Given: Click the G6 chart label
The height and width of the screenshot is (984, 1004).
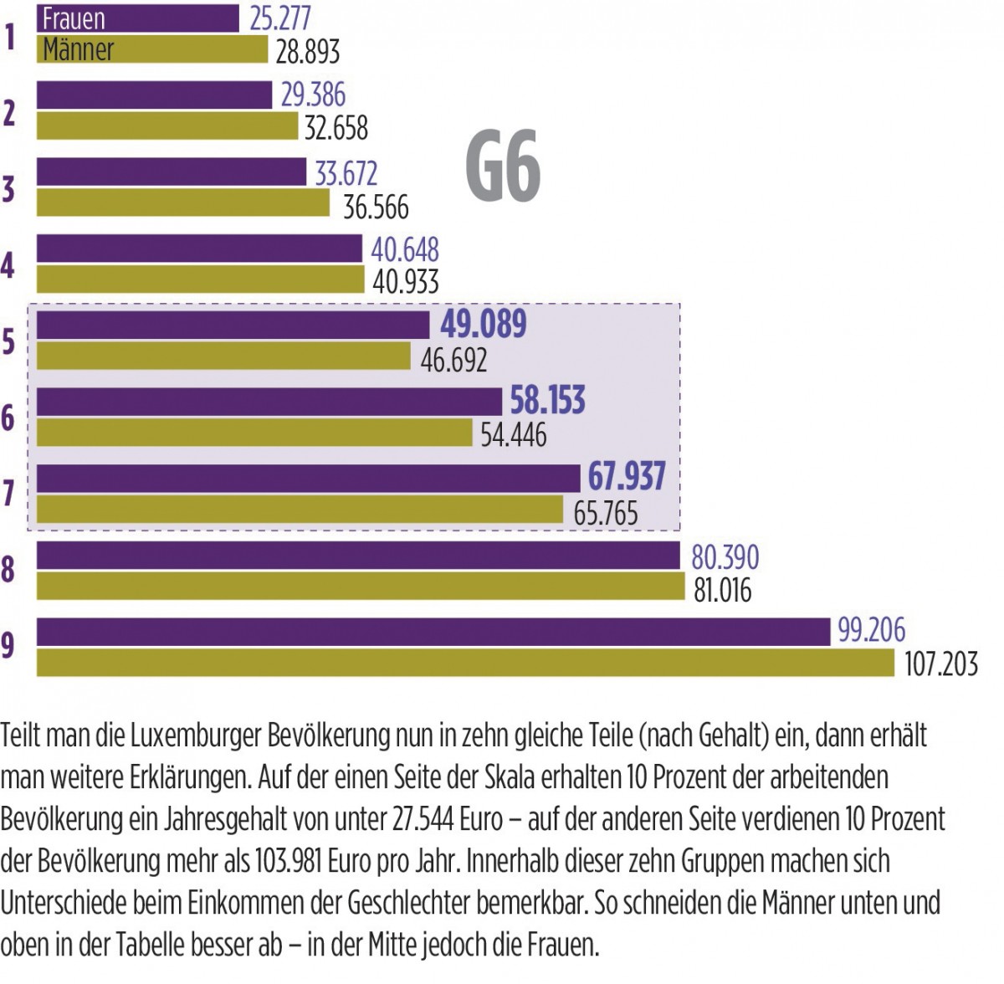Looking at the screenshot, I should pyautogui.click(x=503, y=167).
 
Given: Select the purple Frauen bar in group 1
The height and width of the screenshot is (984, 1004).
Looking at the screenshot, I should pyautogui.click(x=138, y=18).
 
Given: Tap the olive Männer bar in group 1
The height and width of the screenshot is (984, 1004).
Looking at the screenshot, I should pyautogui.click(x=152, y=49).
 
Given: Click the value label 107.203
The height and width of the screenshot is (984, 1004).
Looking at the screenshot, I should pyautogui.click(x=940, y=664).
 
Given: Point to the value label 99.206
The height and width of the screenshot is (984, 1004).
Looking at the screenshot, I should pyautogui.click(x=871, y=630).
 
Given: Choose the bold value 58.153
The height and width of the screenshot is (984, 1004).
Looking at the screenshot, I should pyautogui.click(x=547, y=401).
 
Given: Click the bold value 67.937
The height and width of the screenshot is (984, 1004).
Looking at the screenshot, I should pyautogui.click(x=626, y=477).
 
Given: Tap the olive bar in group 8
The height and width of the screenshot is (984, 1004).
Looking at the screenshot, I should pyautogui.click(x=361, y=586).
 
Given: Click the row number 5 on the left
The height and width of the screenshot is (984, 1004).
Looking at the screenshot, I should pyautogui.click(x=8, y=341).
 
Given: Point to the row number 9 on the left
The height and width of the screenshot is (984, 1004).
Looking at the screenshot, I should pyautogui.click(x=8, y=646).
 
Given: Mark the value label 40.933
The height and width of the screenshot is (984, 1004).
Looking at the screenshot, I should pyautogui.click(x=405, y=282).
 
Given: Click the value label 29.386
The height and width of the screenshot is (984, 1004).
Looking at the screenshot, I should pyautogui.click(x=313, y=95).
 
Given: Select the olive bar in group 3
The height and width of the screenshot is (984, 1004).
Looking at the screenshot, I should pyautogui.click(x=183, y=203).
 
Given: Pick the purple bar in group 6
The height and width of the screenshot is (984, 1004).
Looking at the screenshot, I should pyautogui.click(x=269, y=402).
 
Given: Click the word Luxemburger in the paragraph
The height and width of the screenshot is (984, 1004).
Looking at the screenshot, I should pyautogui.click(x=196, y=736).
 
